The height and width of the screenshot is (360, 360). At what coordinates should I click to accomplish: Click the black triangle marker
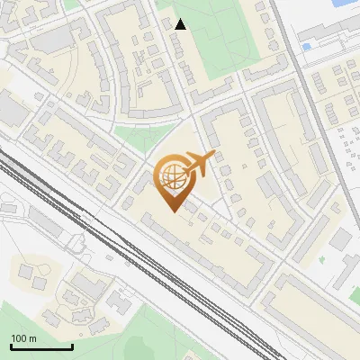[180, 24]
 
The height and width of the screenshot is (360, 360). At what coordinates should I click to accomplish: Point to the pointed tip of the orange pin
[172, 211]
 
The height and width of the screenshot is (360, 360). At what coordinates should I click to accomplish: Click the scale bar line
[41, 347]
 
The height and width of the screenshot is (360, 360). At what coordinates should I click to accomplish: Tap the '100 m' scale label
[24, 338]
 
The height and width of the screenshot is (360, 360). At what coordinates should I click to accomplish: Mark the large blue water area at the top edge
[345, 4]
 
